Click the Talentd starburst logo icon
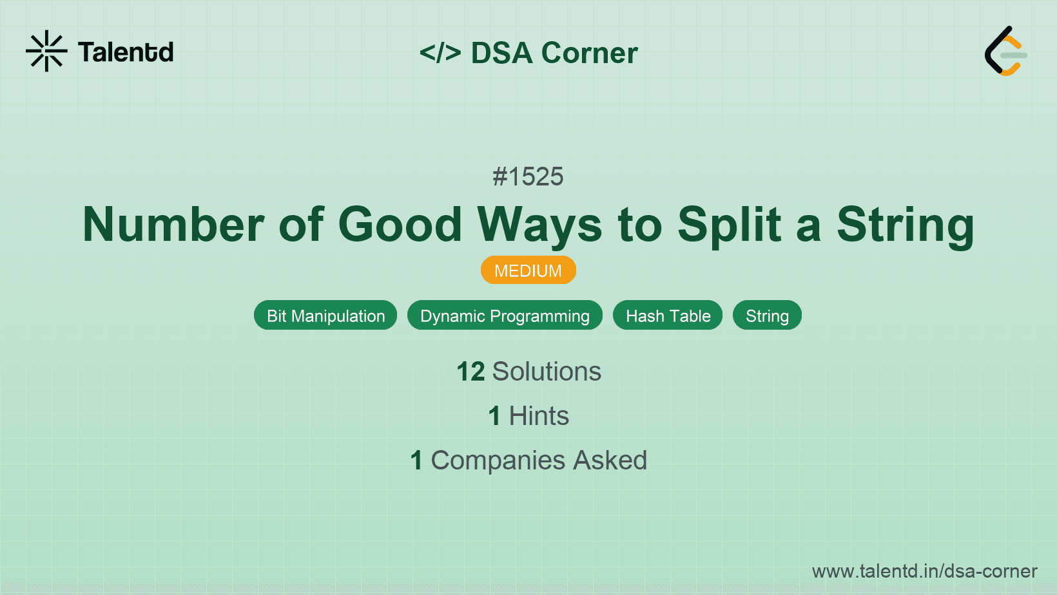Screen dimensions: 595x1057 (46, 51)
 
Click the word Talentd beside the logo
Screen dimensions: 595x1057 (126, 52)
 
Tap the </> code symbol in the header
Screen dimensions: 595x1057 (440, 53)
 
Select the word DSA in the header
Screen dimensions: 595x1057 (501, 53)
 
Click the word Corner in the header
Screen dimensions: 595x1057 (589, 53)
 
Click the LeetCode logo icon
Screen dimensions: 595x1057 (1005, 52)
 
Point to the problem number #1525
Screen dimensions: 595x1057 (528, 176)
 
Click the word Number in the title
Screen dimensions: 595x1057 (173, 225)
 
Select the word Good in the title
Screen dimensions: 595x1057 (400, 225)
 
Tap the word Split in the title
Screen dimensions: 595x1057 (730, 225)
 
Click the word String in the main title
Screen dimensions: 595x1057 (905, 225)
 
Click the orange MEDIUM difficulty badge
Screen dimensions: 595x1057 (528, 270)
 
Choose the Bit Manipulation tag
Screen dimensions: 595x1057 (325, 316)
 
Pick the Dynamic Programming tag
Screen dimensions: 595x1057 (505, 316)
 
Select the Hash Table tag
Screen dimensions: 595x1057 (668, 316)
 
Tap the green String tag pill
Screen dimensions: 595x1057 (767, 316)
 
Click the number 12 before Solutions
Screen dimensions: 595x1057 (470, 372)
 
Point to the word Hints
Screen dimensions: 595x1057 (539, 416)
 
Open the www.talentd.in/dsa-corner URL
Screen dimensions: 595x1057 (924, 571)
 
